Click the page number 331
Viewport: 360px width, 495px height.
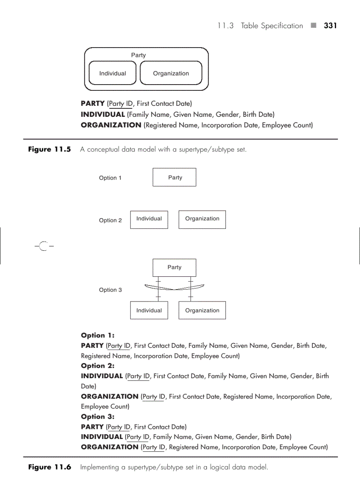coord(330,26)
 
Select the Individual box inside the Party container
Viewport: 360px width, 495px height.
coord(112,73)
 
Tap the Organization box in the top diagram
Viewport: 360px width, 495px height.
coord(171,73)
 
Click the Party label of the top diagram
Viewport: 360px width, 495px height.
coord(138,55)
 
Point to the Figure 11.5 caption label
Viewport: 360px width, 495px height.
coord(49,149)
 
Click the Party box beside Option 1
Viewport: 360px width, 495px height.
coord(174,177)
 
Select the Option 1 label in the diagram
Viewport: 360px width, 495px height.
coord(110,178)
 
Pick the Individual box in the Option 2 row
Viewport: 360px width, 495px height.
coord(149,219)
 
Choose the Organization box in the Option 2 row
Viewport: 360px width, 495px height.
coord(202,219)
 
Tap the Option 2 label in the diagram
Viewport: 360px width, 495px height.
coord(110,220)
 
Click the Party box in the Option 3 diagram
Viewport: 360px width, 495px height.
coord(174,268)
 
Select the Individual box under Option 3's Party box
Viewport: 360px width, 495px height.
coord(149,310)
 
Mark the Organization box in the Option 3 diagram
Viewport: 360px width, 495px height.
coord(202,310)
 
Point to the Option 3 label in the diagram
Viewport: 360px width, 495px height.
coord(110,290)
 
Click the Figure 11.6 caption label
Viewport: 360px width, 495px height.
coord(49,467)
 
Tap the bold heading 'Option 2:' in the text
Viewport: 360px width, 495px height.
coord(97,366)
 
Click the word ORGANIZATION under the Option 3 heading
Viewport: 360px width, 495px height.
coord(109,447)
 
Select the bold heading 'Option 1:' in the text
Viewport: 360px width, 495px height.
coord(97,335)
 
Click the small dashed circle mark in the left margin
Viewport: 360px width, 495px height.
coord(43,246)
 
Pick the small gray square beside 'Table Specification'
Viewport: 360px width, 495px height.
coord(313,26)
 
